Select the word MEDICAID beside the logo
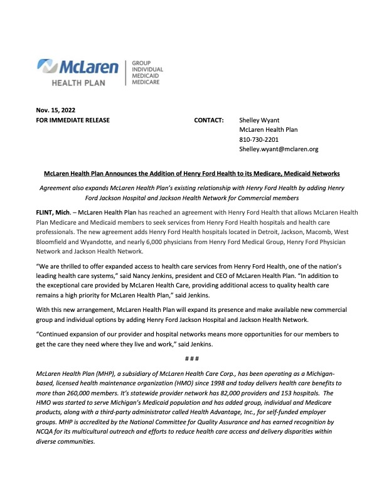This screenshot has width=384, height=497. pyautogui.click(x=145, y=76)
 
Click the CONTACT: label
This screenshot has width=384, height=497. pyautogui.click(x=209, y=120)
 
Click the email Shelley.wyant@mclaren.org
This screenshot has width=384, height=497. pyautogui.click(x=279, y=149)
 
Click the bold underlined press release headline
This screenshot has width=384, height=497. pyautogui.click(x=191, y=172)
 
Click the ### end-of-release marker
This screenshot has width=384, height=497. pyautogui.click(x=191, y=358)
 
